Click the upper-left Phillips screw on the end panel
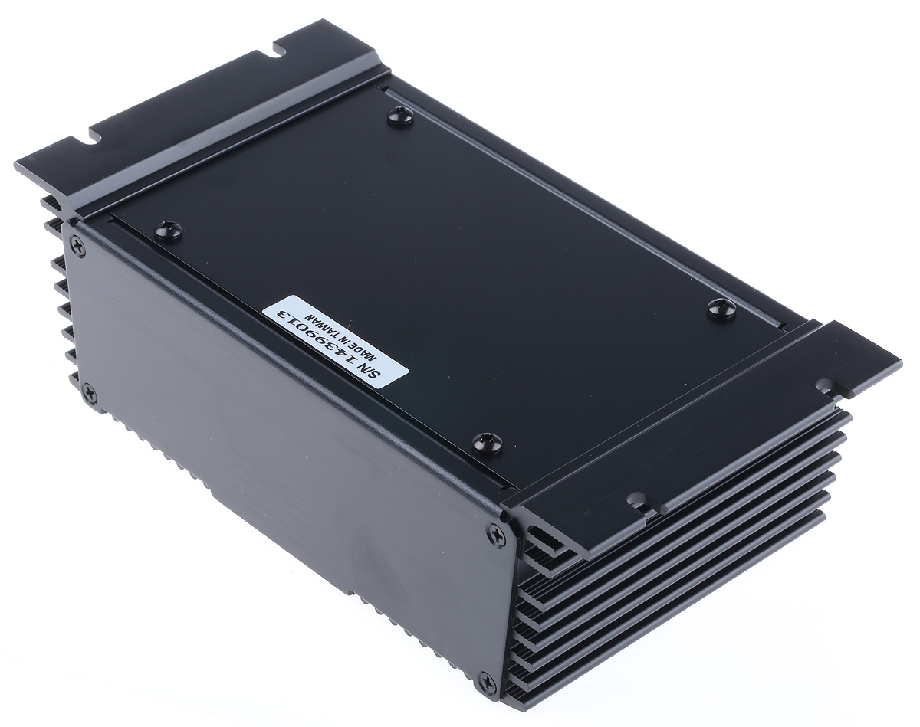(x=79, y=247)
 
